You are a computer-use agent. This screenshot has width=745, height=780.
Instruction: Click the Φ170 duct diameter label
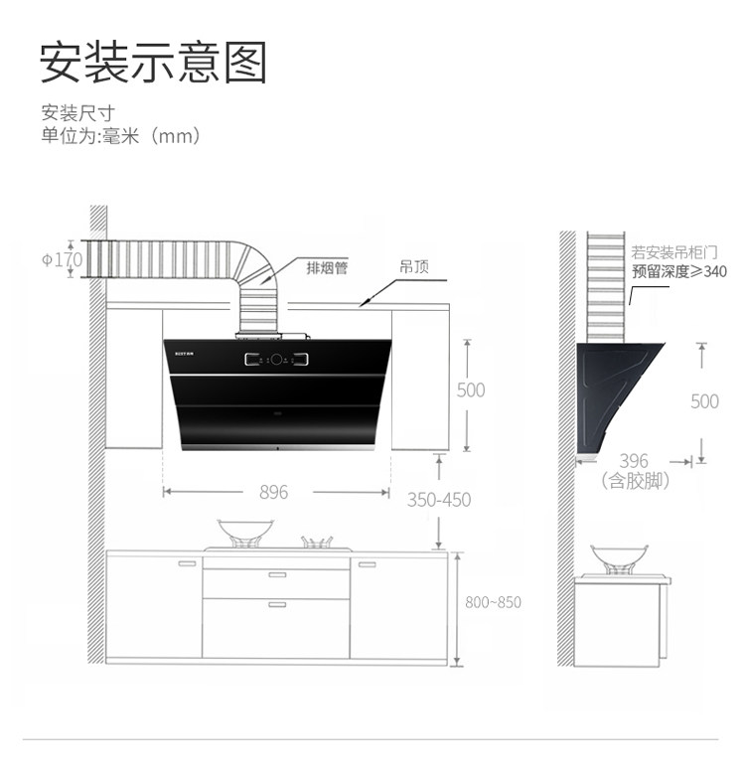[62, 259]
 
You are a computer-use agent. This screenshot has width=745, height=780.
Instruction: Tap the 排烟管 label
[327, 268]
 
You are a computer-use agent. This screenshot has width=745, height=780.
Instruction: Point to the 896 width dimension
[273, 492]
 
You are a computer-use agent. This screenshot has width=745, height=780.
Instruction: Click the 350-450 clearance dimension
[438, 500]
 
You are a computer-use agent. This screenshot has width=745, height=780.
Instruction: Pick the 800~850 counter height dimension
[493, 602]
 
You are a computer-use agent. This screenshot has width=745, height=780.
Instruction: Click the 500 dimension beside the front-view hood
[471, 390]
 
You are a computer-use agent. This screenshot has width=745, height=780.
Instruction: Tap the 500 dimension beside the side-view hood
[704, 401]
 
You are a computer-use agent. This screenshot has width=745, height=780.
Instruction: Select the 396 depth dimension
[633, 461]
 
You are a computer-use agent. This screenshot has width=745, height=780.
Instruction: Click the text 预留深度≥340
[679, 271]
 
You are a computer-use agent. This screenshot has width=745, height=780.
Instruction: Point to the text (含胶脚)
[636, 481]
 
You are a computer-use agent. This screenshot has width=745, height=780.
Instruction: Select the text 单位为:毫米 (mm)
[121, 136]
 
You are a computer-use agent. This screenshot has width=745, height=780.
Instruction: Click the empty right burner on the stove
[317, 543]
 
